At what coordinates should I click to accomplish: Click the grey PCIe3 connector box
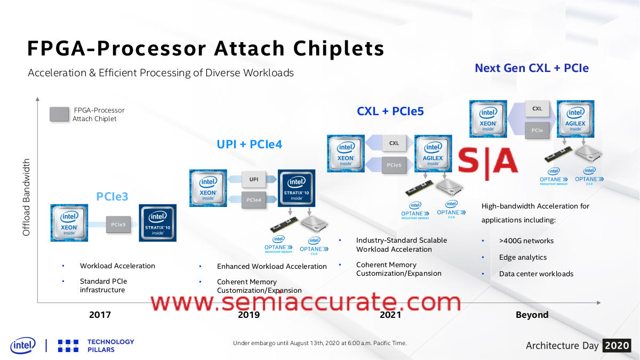118,225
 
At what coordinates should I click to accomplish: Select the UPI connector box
254,179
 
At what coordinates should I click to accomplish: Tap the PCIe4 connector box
254,200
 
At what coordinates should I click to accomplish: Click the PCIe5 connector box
394,165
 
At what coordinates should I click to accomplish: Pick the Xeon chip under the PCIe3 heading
69,222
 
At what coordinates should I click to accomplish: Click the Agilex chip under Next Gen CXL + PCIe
575,119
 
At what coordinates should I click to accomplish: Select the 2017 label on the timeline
100,315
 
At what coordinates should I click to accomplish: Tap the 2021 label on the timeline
390,315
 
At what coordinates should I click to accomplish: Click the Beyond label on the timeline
532,315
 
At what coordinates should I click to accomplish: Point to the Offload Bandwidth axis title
27,197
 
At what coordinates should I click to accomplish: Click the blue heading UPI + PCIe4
249,144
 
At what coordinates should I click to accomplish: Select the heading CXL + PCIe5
390,111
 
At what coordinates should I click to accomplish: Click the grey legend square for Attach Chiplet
59,114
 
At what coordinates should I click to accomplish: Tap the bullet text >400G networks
526,241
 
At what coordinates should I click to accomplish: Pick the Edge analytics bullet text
523,257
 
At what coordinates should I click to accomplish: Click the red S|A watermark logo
488,158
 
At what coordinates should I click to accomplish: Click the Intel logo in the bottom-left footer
22,345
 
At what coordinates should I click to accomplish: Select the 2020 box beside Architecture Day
617,346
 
